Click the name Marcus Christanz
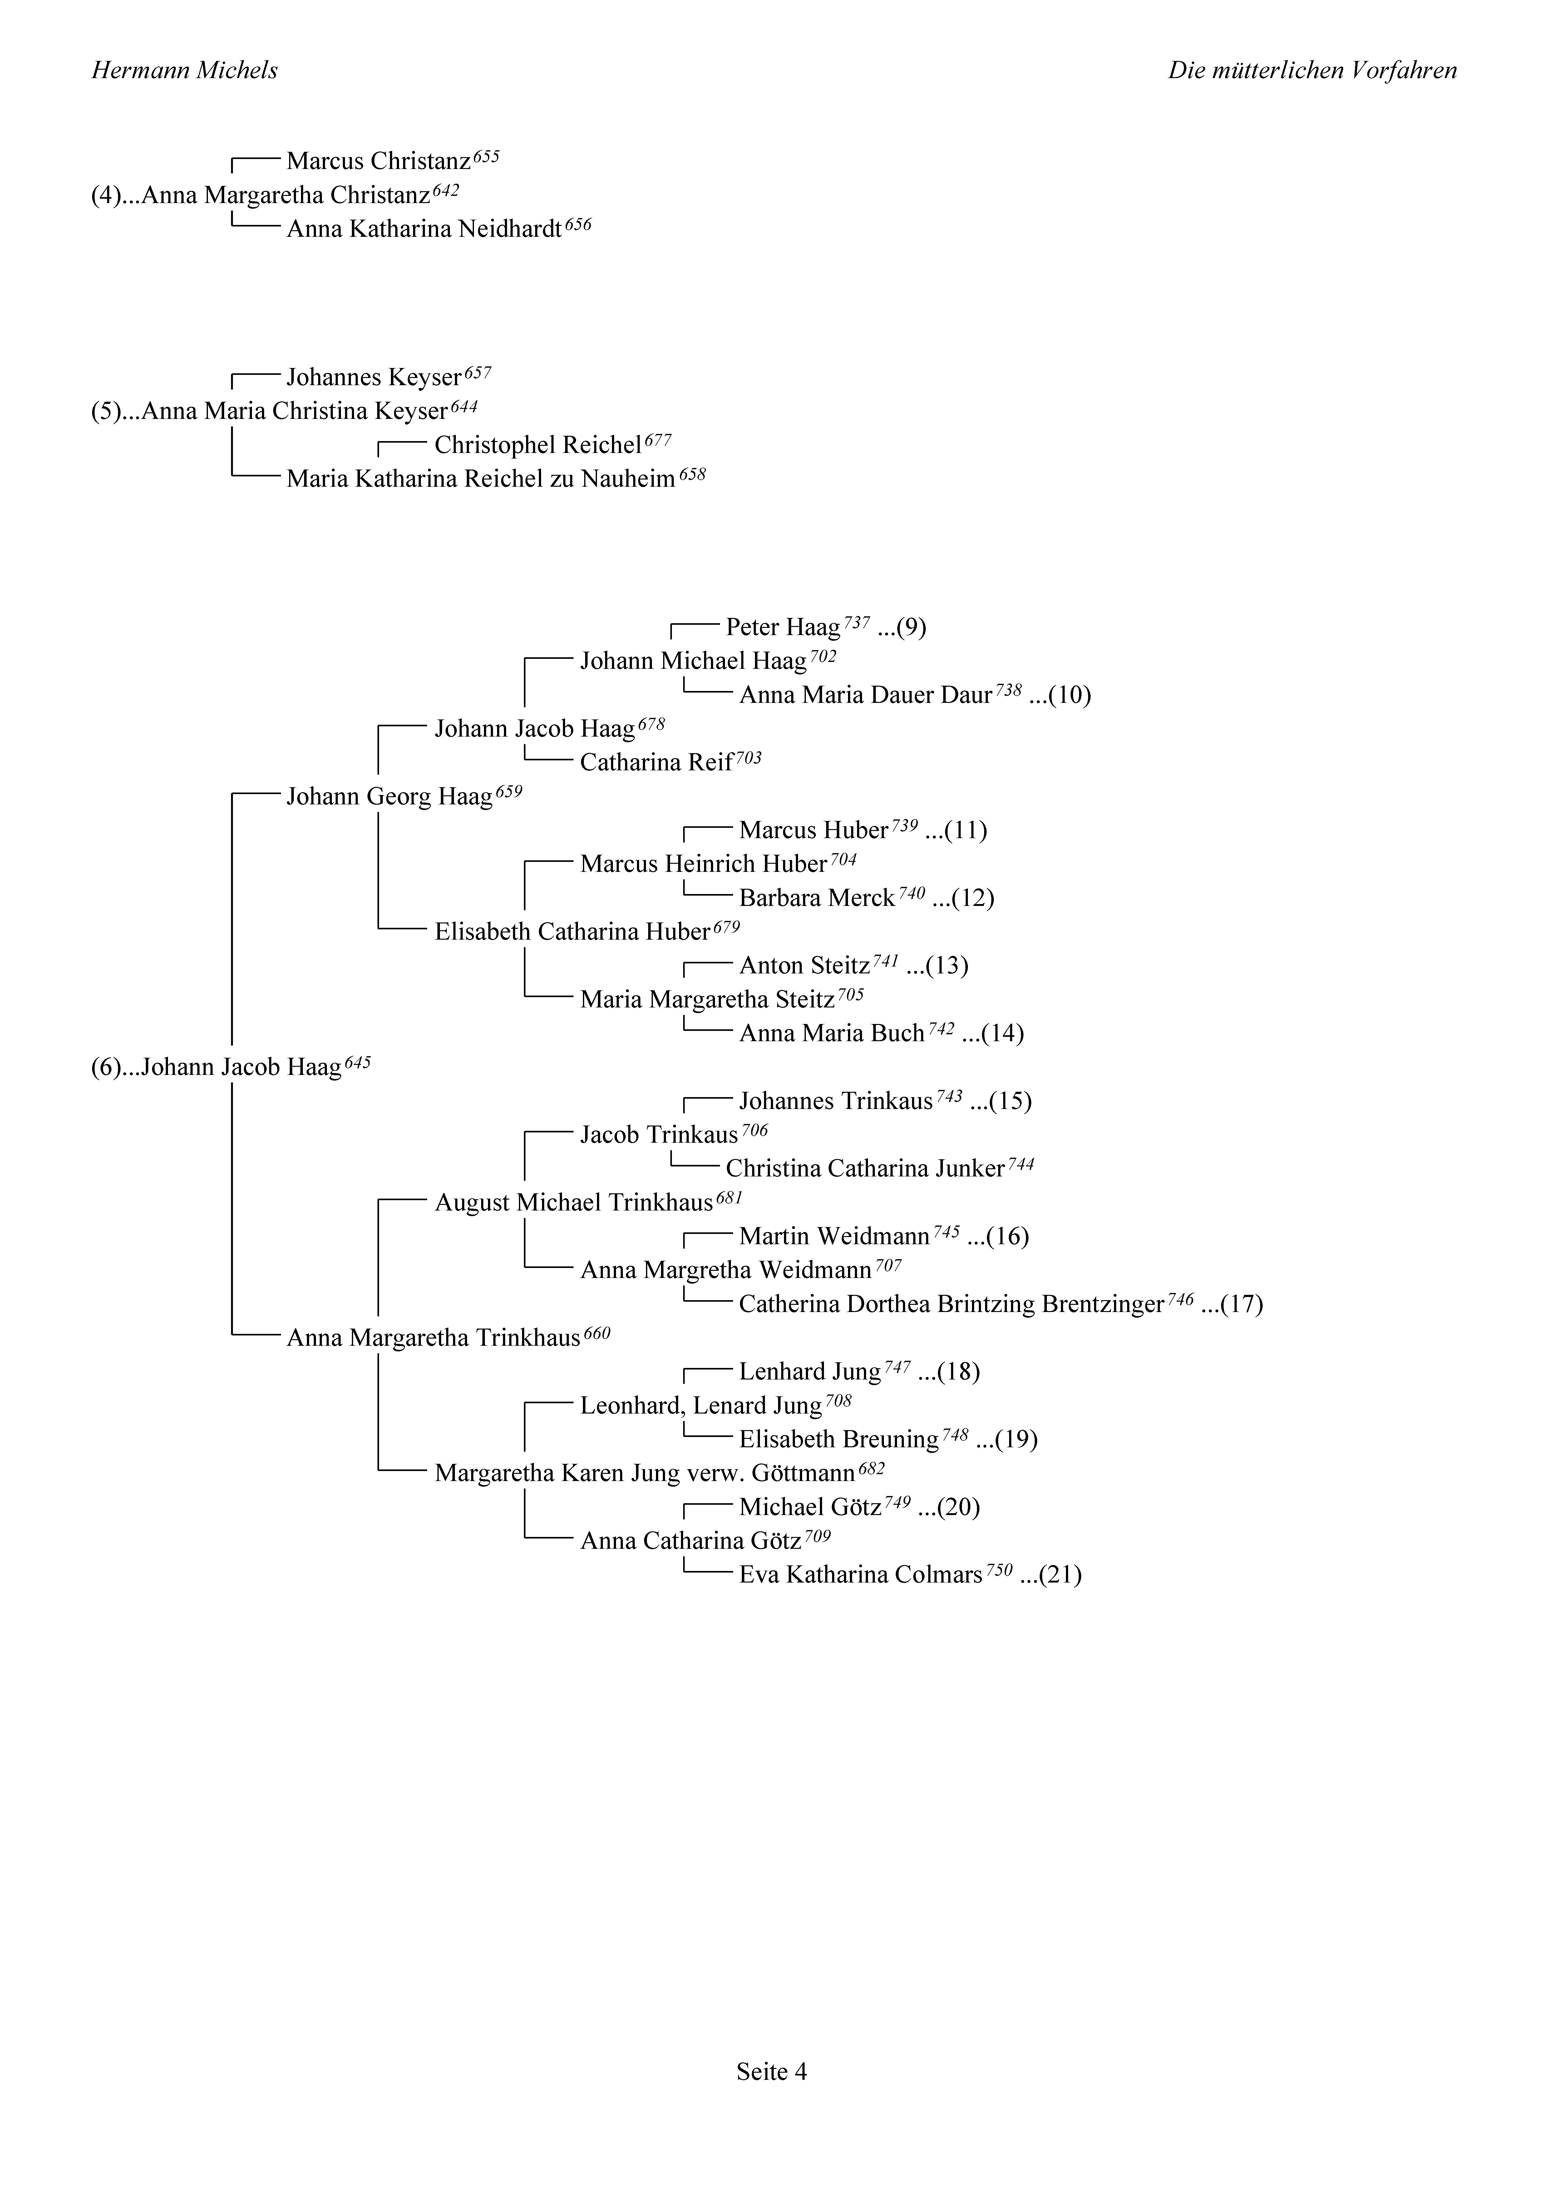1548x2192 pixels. click(379, 161)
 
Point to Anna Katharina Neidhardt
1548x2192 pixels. click(424, 229)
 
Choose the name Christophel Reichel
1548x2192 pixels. click(537, 445)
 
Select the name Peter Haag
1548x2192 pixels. click(783, 627)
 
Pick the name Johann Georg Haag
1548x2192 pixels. click(389, 796)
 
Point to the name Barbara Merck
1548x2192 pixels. click(817, 897)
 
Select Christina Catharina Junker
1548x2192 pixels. click(865, 1169)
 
